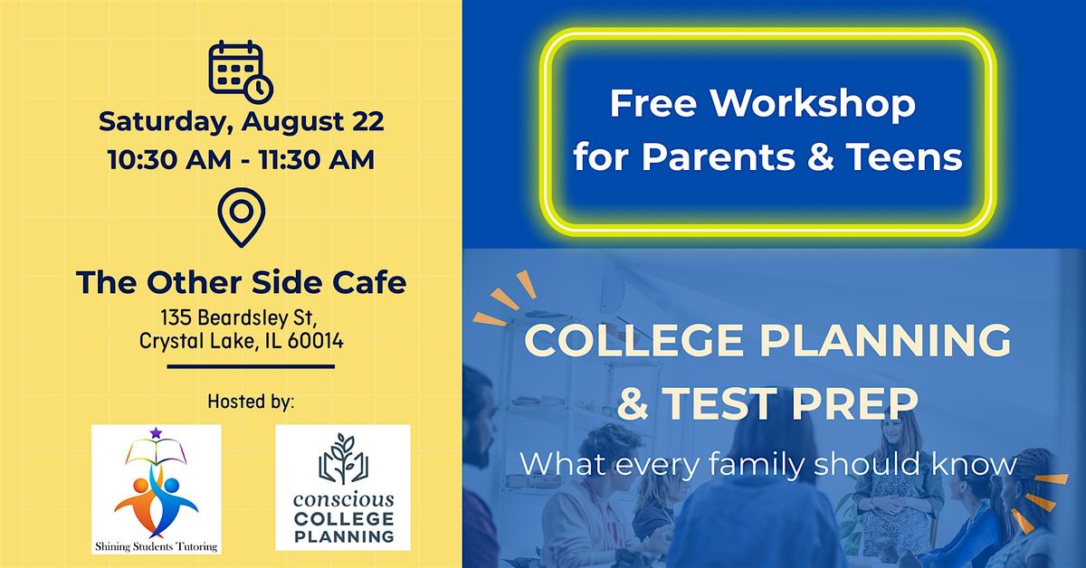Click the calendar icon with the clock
pyautogui.click(x=241, y=71)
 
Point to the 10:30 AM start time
pyautogui.click(x=170, y=159)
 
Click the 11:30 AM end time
pyautogui.click(x=317, y=159)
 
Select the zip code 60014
pyautogui.click(x=316, y=341)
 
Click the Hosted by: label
pyautogui.click(x=251, y=402)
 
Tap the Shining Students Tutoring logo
pyautogui.click(x=156, y=489)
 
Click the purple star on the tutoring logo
pyautogui.click(x=156, y=433)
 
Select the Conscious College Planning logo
pyautogui.click(x=343, y=488)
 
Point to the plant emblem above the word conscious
pyautogui.click(x=343, y=459)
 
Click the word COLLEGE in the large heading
pyautogui.click(x=633, y=340)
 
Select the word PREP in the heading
pyautogui.click(x=855, y=403)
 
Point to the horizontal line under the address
pyautogui.click(x=251, y=367)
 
